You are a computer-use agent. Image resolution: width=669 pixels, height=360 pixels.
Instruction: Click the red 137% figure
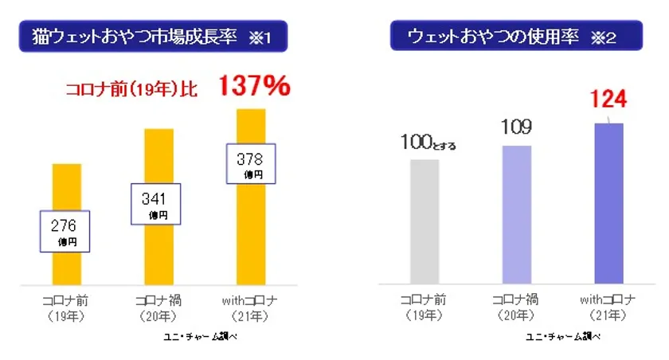[254, 86]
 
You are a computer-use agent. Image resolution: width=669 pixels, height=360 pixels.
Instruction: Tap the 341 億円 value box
[155, 204]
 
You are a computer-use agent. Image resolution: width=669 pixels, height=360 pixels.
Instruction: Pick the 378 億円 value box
[250, 164]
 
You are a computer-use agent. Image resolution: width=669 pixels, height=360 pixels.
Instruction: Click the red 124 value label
[608, 100]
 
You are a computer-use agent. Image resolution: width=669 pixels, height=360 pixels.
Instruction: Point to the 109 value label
[516, 127]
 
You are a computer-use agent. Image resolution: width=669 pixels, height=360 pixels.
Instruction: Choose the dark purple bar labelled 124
[608, 203]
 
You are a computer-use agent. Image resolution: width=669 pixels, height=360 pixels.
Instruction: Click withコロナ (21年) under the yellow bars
[249, 307]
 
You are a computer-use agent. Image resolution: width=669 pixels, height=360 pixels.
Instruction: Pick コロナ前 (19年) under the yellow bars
[66, 307]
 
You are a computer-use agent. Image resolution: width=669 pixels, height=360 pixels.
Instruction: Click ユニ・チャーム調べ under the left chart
[200, 336]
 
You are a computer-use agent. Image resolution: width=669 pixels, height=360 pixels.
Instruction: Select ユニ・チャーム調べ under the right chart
[563, 336]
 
